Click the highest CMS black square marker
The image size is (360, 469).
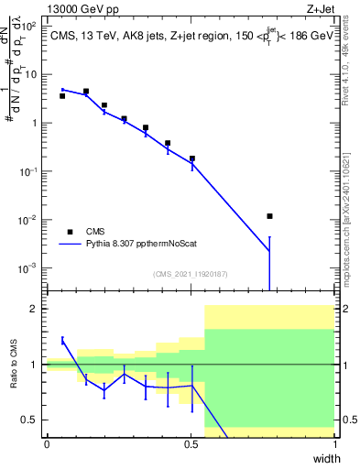(x=86, y=92)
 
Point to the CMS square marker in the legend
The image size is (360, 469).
(x=70, y=232)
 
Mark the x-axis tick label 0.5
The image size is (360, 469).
(x=190, y=444)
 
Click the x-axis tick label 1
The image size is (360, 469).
(x=334, y=444)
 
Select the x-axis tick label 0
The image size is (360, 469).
(x=47, y=444)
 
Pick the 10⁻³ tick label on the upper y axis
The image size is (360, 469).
(x=27, y=268)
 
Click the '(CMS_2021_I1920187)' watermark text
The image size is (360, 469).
(x=191, y=274)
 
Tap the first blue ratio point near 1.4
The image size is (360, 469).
(x=62, y=340)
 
